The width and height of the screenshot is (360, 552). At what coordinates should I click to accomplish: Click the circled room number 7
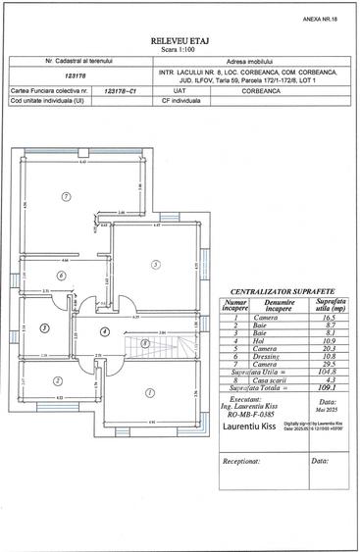tap(66, 196)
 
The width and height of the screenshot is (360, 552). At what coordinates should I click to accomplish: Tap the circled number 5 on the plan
tap(155, 265)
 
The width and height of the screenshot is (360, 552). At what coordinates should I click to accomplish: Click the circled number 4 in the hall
tap(104, 331)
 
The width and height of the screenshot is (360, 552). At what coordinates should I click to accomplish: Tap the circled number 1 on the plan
tap(148, 393)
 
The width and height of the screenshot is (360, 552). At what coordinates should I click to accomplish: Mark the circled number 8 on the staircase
tap(145, 342)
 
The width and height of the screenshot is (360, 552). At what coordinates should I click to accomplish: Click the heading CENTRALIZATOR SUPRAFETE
tap(282, 292)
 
